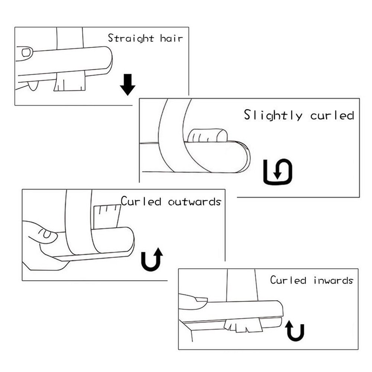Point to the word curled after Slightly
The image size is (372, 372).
click(x=332, y=115)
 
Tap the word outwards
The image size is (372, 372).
click(x=195, y=202)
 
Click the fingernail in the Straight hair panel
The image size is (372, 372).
click(x=27, y=52)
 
